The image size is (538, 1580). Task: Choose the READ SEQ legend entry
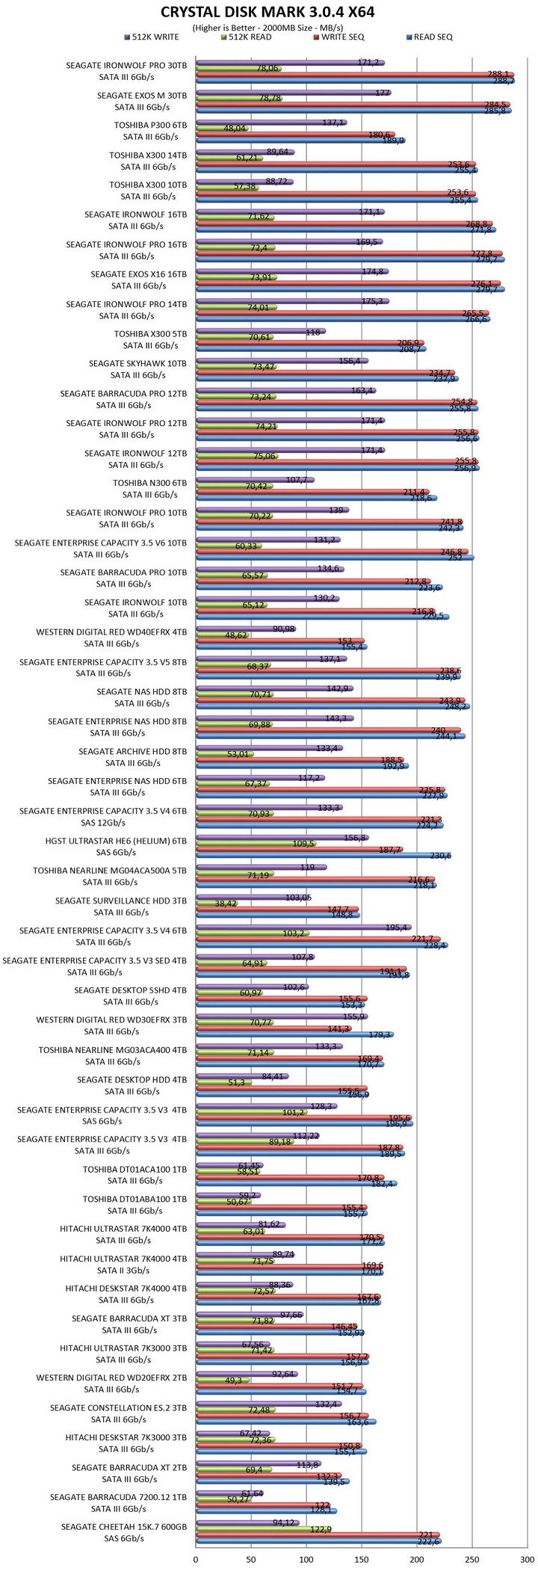430,37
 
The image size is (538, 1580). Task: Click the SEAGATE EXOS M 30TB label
142,96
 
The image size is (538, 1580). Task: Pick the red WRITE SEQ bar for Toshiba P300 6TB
295,134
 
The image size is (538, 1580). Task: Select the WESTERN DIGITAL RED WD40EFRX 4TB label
111,632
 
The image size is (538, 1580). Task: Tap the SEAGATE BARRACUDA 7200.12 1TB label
118,1497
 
